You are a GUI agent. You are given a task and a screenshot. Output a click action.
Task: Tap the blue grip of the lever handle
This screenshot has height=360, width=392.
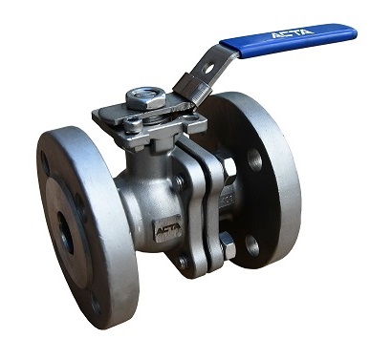click(x=289, y=40)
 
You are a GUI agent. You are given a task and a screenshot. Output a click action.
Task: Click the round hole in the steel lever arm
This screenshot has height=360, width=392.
click(x=209, y=68)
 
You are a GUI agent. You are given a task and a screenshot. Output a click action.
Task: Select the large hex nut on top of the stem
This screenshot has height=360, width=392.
click(x=146, y=98)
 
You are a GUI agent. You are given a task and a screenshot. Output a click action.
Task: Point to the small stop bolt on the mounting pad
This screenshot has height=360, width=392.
click(x=133, y=125)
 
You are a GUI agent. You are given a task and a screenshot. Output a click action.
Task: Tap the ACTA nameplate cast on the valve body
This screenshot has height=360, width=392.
click(x=168, y=227)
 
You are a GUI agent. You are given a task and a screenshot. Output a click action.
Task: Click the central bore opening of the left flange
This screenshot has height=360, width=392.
click(x=66, y=233)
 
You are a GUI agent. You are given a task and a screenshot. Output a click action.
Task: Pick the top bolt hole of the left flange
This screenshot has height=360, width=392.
click(x=44, y=162)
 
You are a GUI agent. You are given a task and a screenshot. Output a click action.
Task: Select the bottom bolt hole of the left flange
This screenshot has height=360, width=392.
click(x=96, y=305)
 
